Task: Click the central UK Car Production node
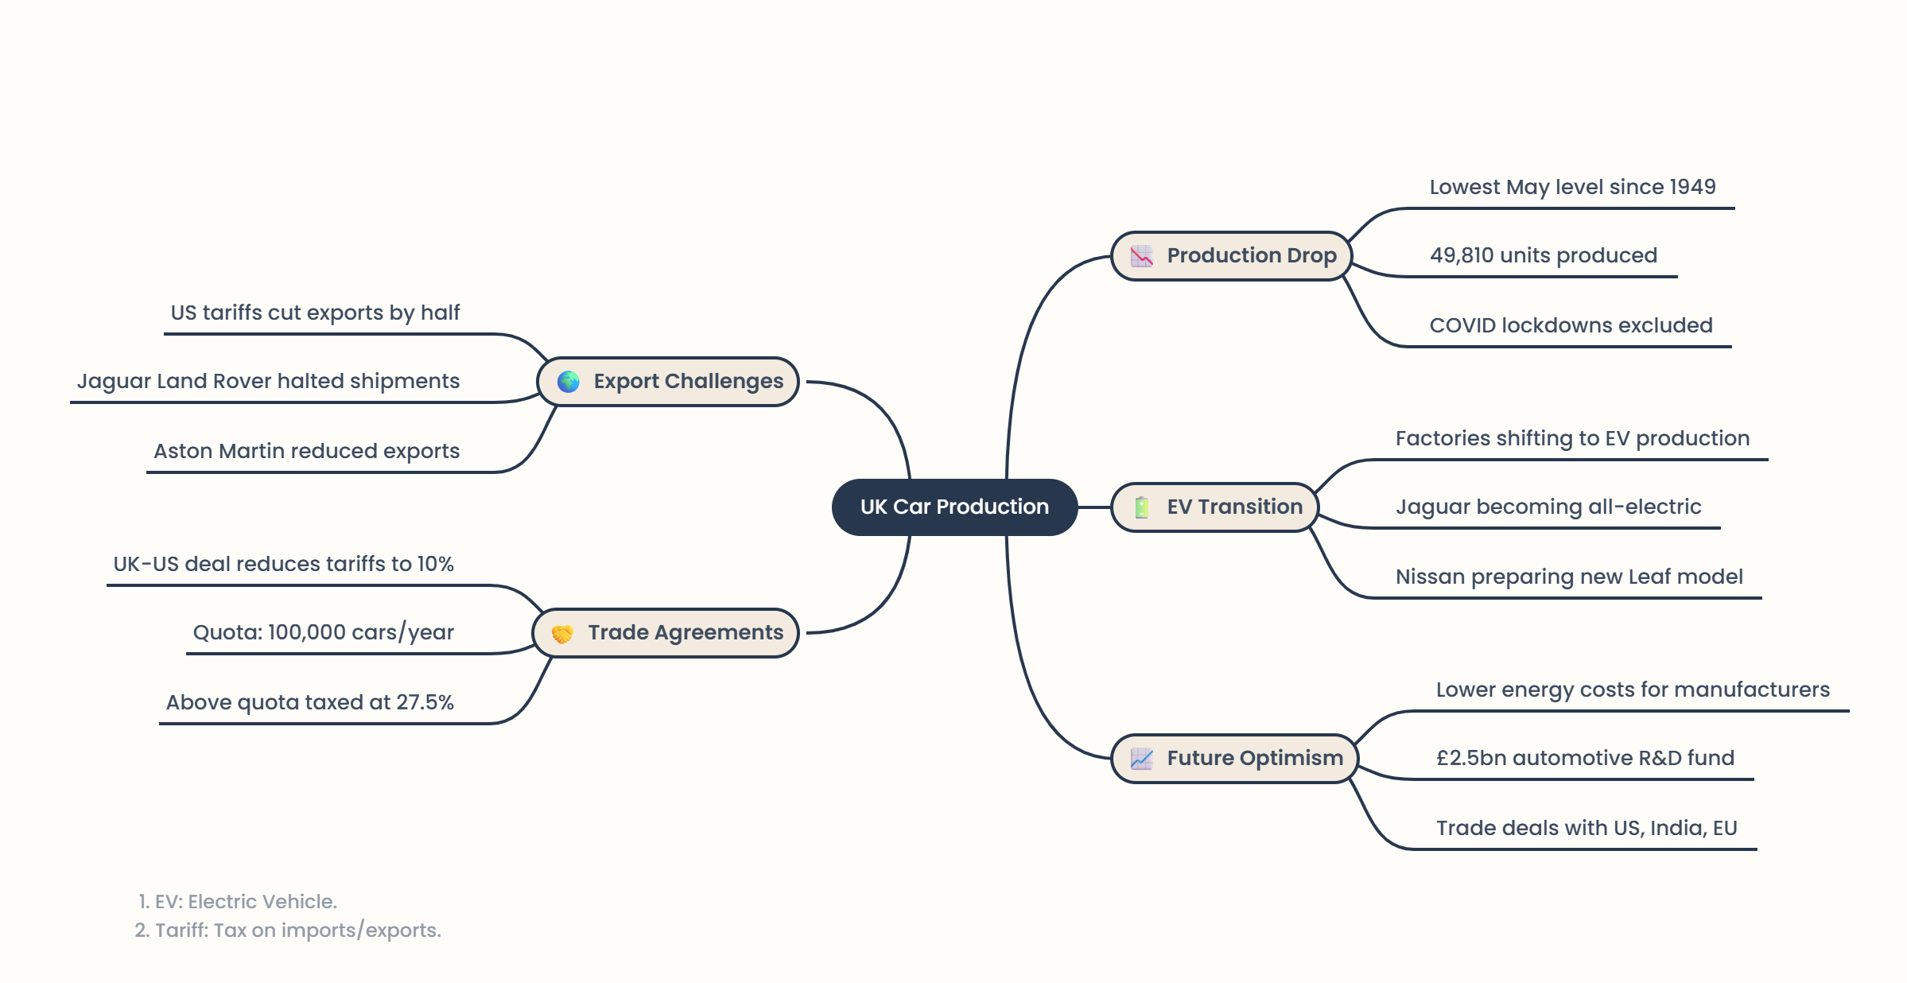(x=954, y=507)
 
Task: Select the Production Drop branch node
(x=1231, y=255)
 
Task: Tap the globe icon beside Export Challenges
(x=568, y=382)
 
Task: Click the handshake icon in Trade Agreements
(x=562, y=634)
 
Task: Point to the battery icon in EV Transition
(x=1141, y=507)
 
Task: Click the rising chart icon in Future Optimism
(x=1141, y=759)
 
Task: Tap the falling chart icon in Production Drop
(x=1141, y=256)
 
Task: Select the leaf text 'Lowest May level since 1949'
(x=1572, y=187)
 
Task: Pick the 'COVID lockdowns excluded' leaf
(x=1571, y=325)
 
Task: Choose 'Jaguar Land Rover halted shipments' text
(x=268, y=381)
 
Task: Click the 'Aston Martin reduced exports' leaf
(x=306, y=451)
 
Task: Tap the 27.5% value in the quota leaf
(x=425, y=702)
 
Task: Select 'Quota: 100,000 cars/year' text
(x=323, y=632)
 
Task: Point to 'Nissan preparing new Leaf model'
(x=1569, y=577)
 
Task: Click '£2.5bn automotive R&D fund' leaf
(x=1585, y=758)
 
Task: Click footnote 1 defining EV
(x=238, y=901)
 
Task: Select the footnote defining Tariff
(x=288, y=930)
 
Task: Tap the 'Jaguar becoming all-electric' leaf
(x=1548, y=507)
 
